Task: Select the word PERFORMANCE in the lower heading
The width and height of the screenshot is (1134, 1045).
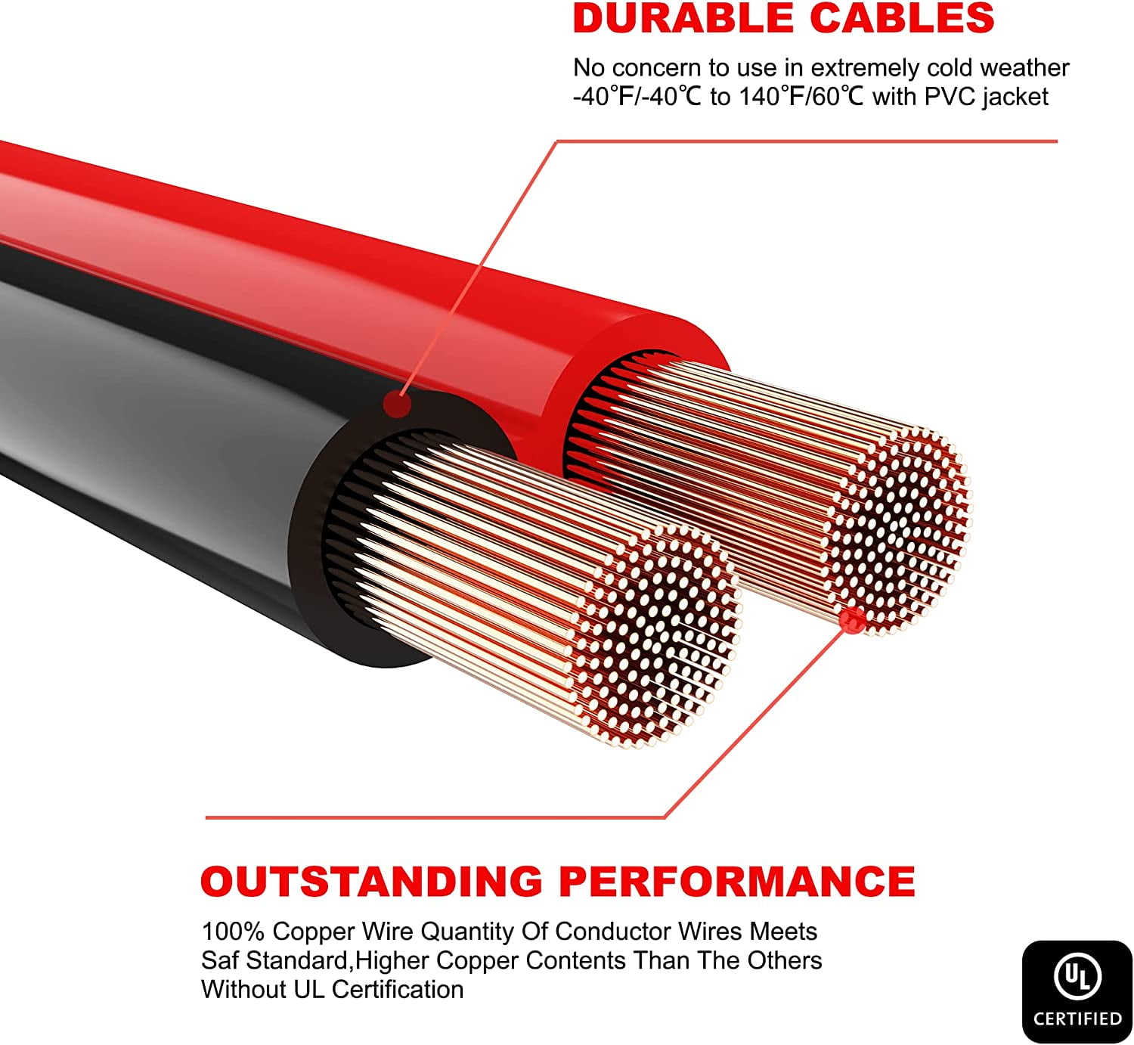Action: tap(736, 881)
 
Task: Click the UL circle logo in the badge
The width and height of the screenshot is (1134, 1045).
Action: tap(1077, 976)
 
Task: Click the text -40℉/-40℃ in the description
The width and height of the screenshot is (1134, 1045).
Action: tap(637, 98)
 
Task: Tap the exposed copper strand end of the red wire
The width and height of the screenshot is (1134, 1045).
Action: tap(896, 529)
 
